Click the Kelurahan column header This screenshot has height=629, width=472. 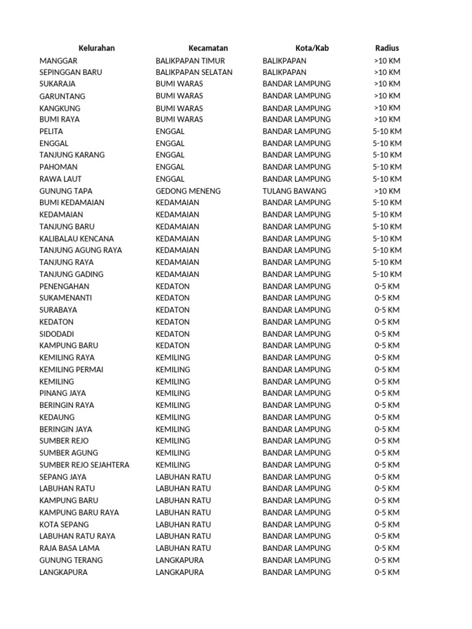(x=96, y=48)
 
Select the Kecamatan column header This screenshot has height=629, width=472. (x=208, y=48)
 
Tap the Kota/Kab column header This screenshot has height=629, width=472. (x=312, y=48)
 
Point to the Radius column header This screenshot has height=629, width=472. (x=387, y=48)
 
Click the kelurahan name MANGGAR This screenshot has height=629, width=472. (x=58, y=61)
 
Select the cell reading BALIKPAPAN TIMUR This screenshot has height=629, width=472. (x=191, y=61)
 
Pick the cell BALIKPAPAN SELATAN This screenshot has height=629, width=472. (x=194, y=72)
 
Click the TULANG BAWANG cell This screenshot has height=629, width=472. (x=294, y=191)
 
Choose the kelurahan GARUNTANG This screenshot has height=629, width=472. (x=62, y=96)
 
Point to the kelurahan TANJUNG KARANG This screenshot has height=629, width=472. (x=72, y=155)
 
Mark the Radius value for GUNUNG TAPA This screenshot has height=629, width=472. (x=387, y=191)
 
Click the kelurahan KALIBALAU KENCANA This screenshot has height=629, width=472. (x=76, y=238)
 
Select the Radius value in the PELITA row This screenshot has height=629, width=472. (x=387, y=131)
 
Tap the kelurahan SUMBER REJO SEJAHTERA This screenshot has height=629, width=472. (x=84, y=465)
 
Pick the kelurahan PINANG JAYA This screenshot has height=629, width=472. (x=63, y=393)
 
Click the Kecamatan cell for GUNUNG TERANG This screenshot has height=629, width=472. (x=179, y=560)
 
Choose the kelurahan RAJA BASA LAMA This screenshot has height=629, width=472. (x=69, y=549)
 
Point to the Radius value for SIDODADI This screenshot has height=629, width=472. (x=387, y=334)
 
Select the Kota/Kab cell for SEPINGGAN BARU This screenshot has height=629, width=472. (x=284, y=72)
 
